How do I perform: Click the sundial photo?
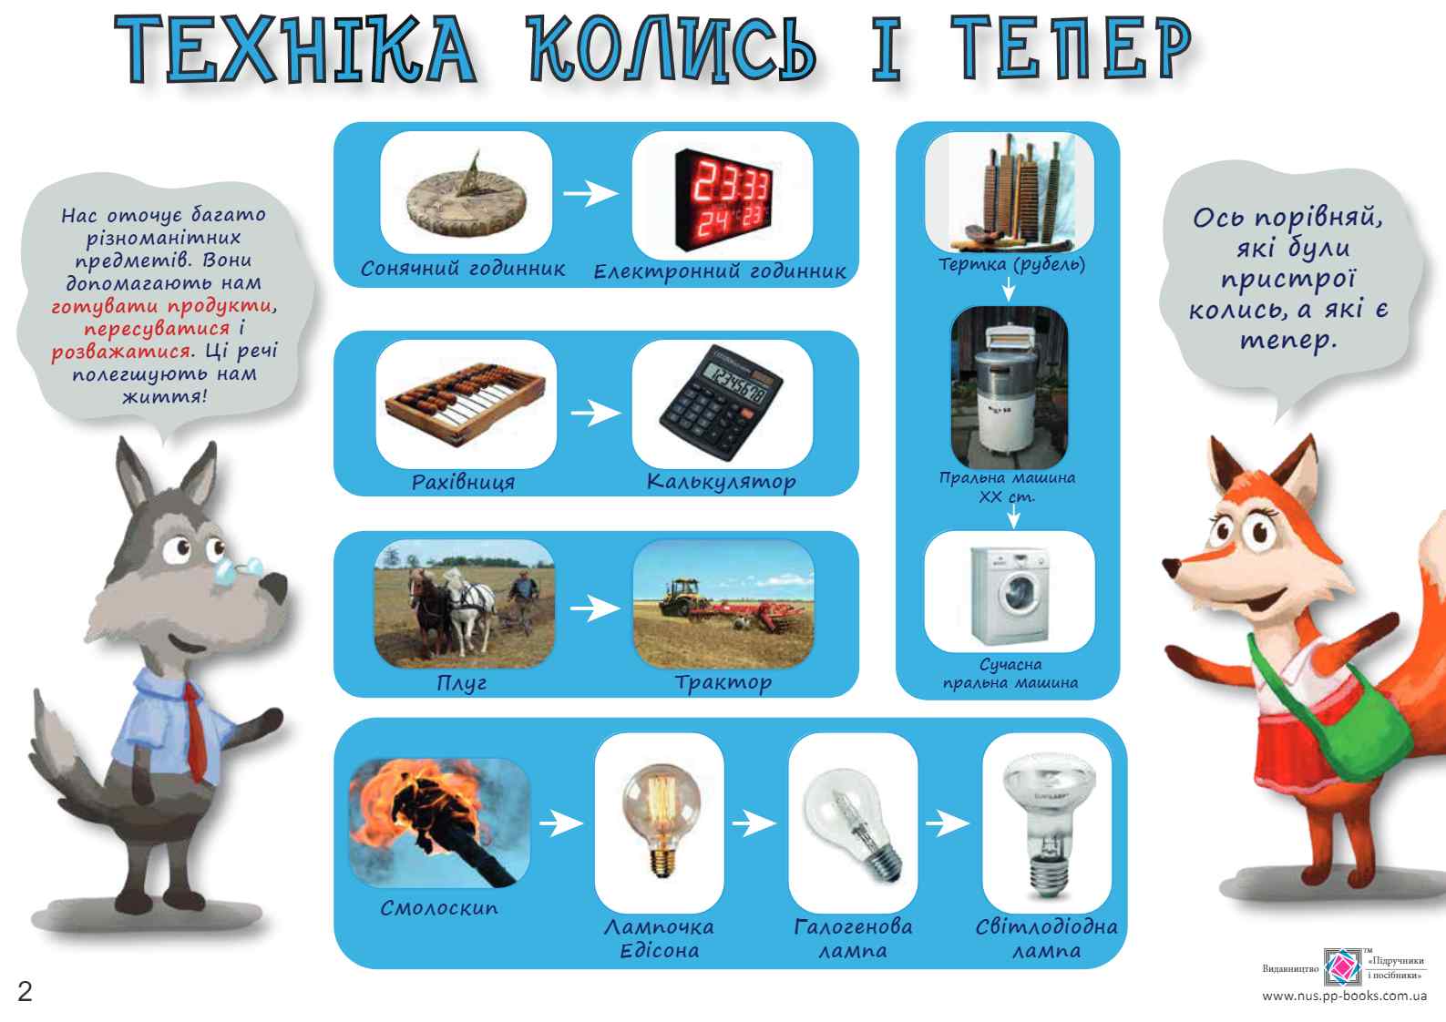coord(466,193)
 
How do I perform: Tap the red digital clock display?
coord(723,193)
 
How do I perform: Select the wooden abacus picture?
coord(466,404)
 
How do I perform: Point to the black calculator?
coord(723,404)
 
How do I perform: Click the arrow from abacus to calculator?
coord(595,413)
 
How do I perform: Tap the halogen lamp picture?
coord(853,823)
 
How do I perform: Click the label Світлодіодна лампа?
coord(1046,939)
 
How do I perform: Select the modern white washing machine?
coord(1010,593)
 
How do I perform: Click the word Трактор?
coord(723,682)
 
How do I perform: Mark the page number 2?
coord(25,992)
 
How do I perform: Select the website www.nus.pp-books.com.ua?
coord(1343,996)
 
